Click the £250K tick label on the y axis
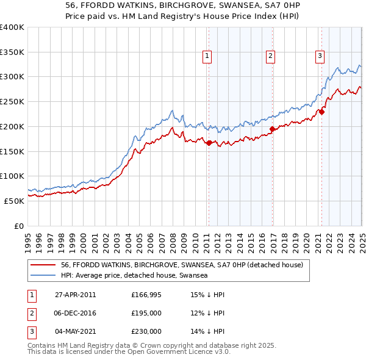point(12,102)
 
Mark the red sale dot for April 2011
point(209,143)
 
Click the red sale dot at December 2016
point(271,129)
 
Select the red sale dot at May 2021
point(321,112)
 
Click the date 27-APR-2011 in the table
point(75,295)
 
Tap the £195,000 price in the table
point(146,313)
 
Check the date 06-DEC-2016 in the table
point(75,313)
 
